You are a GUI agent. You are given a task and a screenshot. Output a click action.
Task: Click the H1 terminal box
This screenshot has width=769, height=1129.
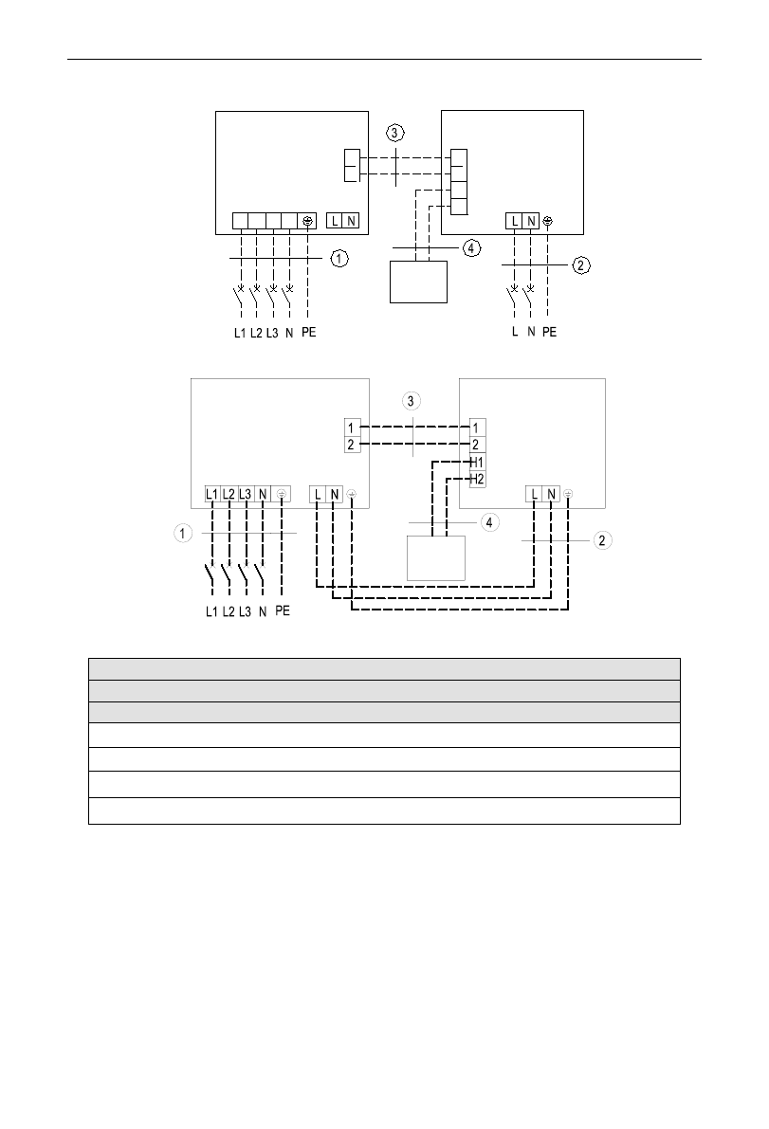pyautogui.click(x=477, y=462)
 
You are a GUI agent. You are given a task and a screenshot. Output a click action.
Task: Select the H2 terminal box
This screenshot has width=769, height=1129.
pyautogui.click(x=477, y=479)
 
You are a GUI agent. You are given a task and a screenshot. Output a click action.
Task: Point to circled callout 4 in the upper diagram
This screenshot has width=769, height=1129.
pyautogui.click(x=471, y=248)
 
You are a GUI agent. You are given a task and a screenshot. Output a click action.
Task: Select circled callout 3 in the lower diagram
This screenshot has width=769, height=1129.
pyautogui.click(x=411, y=401)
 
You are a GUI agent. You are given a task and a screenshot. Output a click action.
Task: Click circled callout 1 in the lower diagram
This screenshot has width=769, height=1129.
pyautogui.click(x=181, y=535)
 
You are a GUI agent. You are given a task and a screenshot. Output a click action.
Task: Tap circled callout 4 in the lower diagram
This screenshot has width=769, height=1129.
pyautogui.click(x=488, y=522)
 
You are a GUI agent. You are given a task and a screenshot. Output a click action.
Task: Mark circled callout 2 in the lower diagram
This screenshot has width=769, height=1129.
pyautogui.click(x=601, y=539)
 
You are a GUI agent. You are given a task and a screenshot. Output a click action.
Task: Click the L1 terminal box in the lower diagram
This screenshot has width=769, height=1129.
pyautogui.click(x=212, y=494)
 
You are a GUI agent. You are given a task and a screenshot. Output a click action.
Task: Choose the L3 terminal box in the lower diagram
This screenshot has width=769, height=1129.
pyautogui.click(x=247, y=494)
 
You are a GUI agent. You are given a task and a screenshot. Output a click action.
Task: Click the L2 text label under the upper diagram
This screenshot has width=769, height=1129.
pyautogui.click(x=256, y=334)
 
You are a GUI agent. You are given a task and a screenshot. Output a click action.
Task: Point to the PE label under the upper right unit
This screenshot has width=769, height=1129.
pyautogui.click(x=549, y=334)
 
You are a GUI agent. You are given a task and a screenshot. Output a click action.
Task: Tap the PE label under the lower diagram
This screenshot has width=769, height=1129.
pyautogui.click(x=283, y=611)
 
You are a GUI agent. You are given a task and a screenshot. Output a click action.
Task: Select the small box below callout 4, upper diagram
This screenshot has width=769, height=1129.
pyautogui.click(x=418, y=281)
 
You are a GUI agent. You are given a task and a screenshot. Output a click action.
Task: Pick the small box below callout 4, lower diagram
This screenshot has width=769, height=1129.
pyautogui.click(x=436, y=557)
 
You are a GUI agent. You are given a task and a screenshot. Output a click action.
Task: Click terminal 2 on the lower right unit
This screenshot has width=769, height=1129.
pyautogui.click(x=477, y=445)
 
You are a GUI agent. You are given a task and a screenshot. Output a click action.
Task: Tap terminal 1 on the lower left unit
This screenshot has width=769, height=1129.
pyautogui.click(x=352, y=428)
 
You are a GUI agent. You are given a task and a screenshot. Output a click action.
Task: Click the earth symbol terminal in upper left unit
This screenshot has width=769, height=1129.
pyautogui.click(x=308, y=221)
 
